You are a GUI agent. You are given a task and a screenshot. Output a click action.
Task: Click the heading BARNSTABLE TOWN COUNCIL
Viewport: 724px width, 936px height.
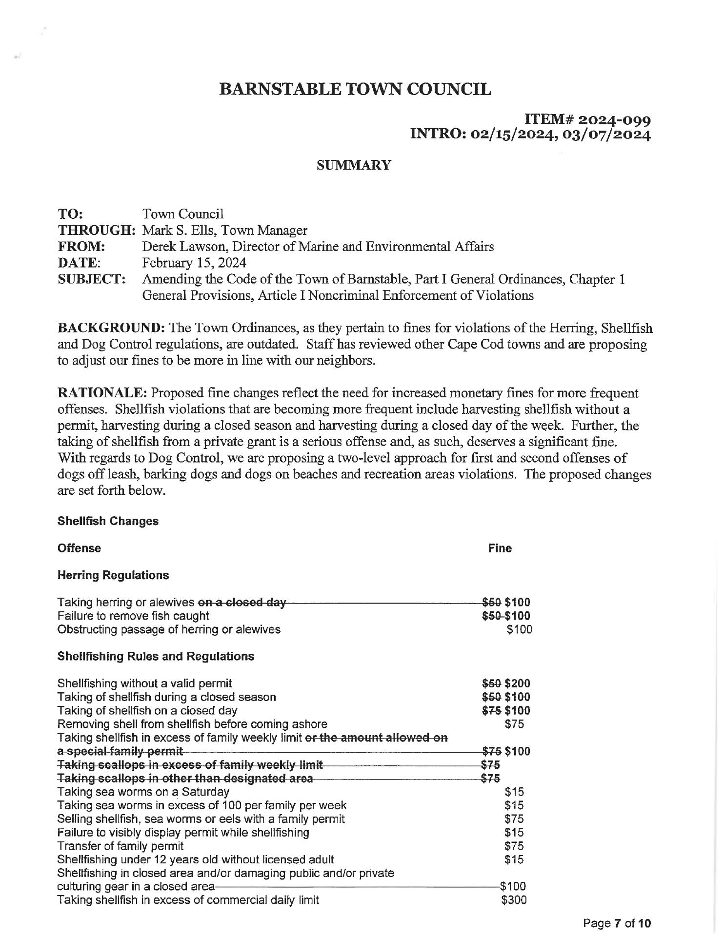355,89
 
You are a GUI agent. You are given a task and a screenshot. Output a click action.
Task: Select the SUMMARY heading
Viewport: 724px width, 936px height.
354,166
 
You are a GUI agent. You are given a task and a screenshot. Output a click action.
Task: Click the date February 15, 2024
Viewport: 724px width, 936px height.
194,263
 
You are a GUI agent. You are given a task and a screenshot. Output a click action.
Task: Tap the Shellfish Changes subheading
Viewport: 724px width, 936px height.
108,521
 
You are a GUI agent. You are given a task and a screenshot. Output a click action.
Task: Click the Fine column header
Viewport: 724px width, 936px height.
500,548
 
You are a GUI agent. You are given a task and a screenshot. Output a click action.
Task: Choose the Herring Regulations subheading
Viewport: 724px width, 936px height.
113,575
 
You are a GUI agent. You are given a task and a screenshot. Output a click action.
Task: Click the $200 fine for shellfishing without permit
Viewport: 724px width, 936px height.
517,683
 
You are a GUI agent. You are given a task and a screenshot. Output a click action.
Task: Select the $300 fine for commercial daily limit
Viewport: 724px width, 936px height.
514,900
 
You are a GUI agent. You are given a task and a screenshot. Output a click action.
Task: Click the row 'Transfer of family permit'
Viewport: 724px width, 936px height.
121,846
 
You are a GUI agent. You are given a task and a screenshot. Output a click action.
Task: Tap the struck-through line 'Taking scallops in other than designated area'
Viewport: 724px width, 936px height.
185,779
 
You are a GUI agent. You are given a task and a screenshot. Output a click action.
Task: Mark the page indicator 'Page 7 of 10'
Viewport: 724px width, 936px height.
617,923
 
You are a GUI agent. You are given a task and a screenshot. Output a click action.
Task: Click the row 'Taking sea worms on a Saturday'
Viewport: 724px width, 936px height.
143,792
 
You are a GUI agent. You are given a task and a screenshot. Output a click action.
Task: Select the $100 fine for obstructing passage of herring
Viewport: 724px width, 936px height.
519,629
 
